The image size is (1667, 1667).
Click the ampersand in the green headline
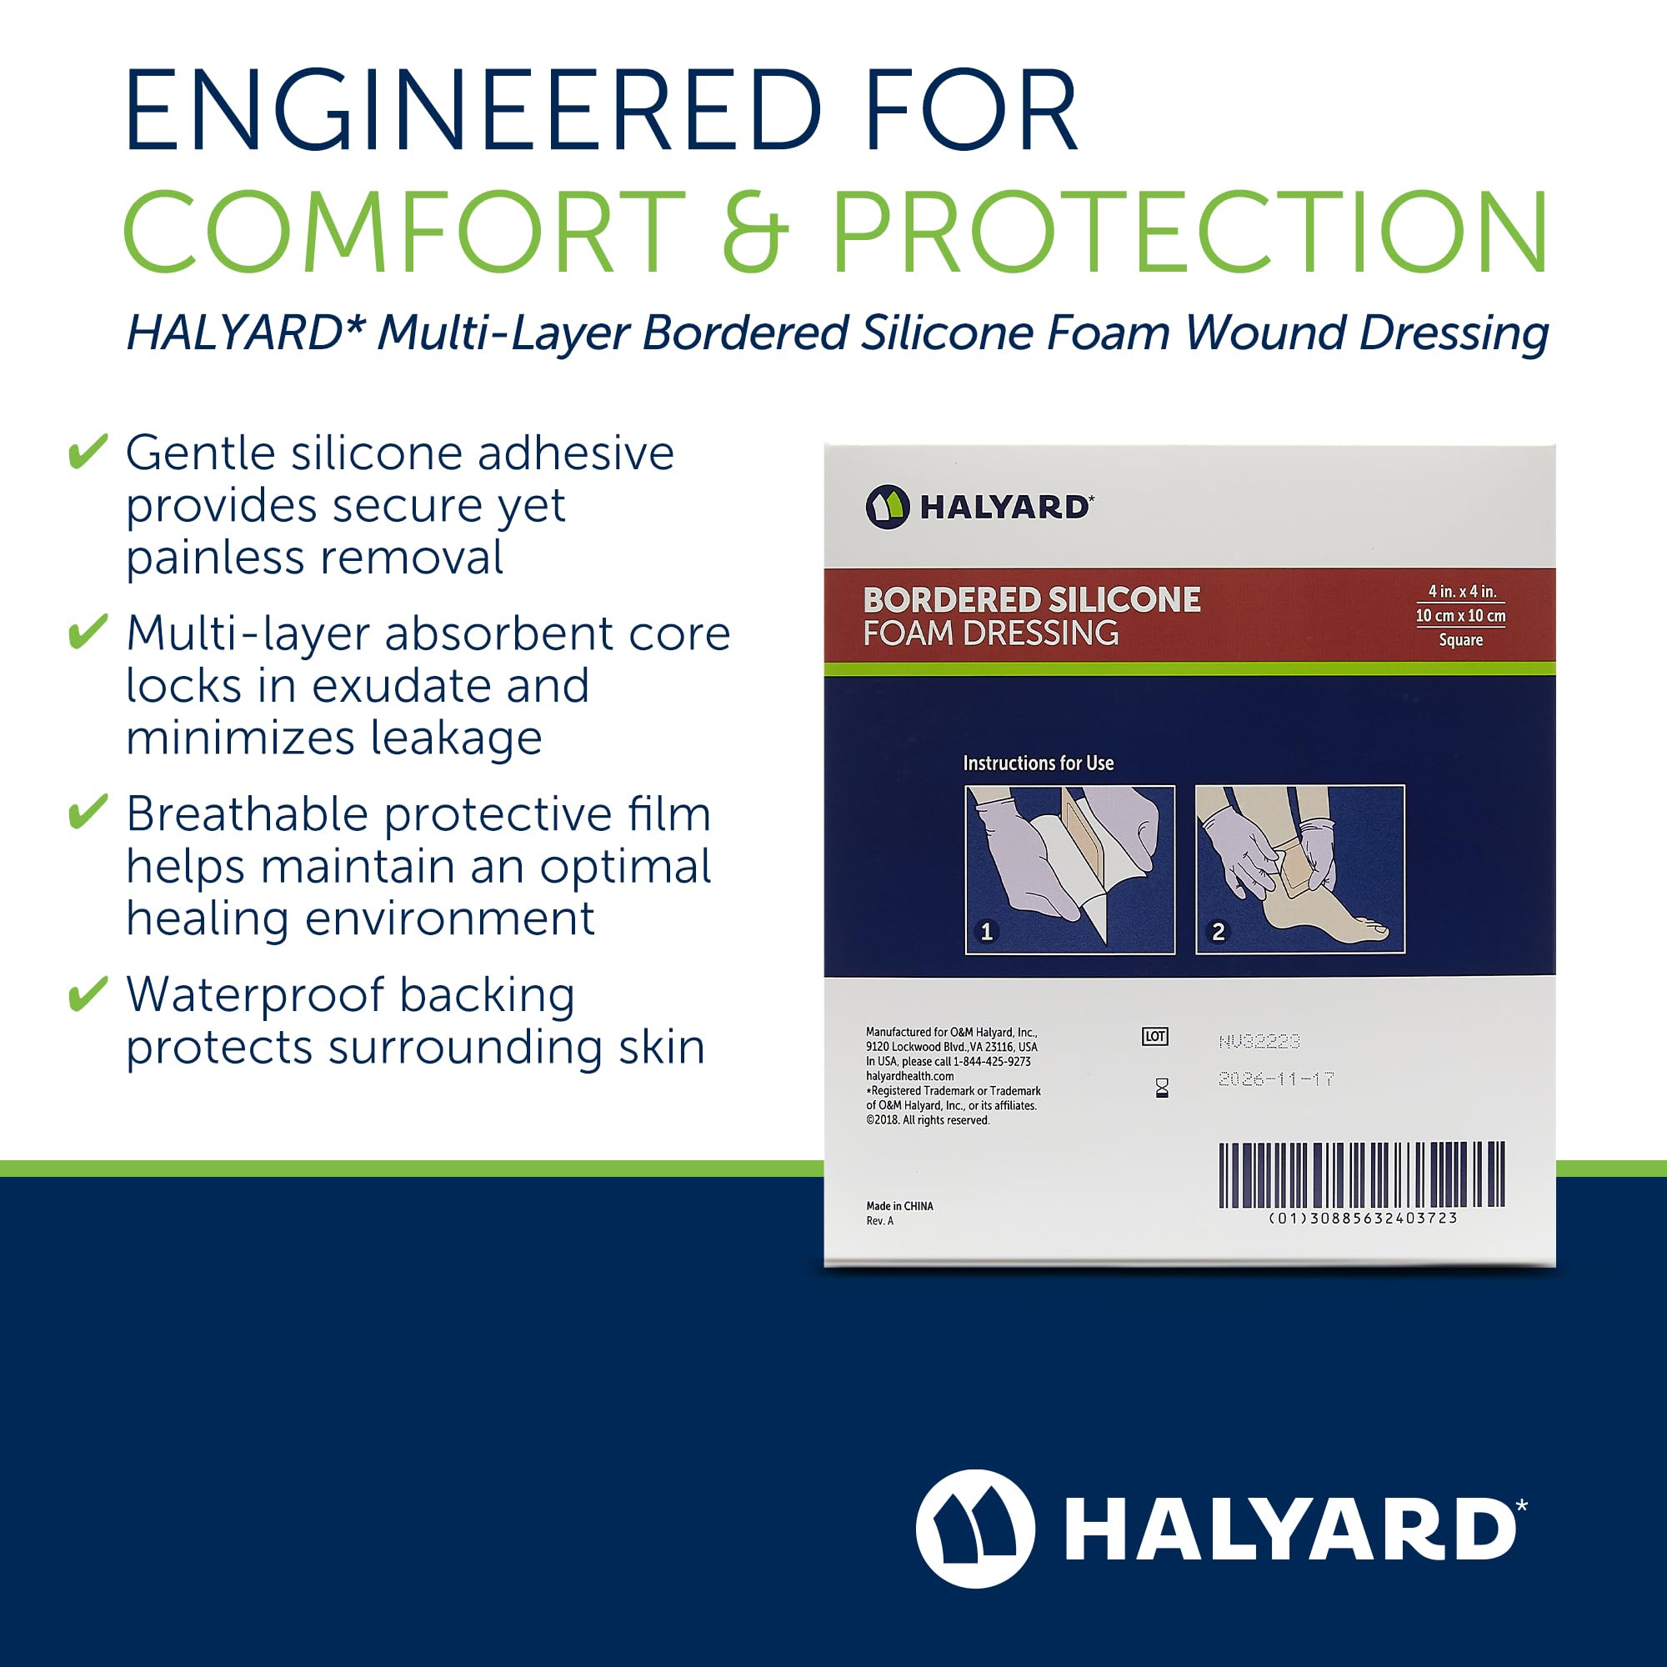click(x=755, y=230)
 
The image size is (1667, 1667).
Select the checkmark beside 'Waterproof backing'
click(x=88, y=994)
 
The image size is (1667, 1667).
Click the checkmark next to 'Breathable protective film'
click(x=88, y=812)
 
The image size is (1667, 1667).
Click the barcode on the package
click(x=1362, y=1174)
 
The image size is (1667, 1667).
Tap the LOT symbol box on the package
click(x=1155, y=1036)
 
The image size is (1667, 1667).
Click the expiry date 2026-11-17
click(x=1276, y=1079)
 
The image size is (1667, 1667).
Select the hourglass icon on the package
click(x=1162, y=1088)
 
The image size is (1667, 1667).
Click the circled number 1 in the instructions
click(x=986, y=932)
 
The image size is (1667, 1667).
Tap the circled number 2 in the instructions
click(x=1219, y=932)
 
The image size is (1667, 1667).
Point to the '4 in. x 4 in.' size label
click(x=1462, y=591)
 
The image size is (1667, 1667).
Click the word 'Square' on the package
click(x=1461, y=639)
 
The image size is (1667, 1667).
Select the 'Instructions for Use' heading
click(x=1038, y=763)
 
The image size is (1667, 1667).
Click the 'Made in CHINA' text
click(x=899, y=1205)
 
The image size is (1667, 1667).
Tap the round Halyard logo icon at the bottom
click(x=975, y=1529)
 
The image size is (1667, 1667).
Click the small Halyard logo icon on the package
click(x=887, y=507)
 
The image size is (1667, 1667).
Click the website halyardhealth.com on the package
click(x=909, y=1076)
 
